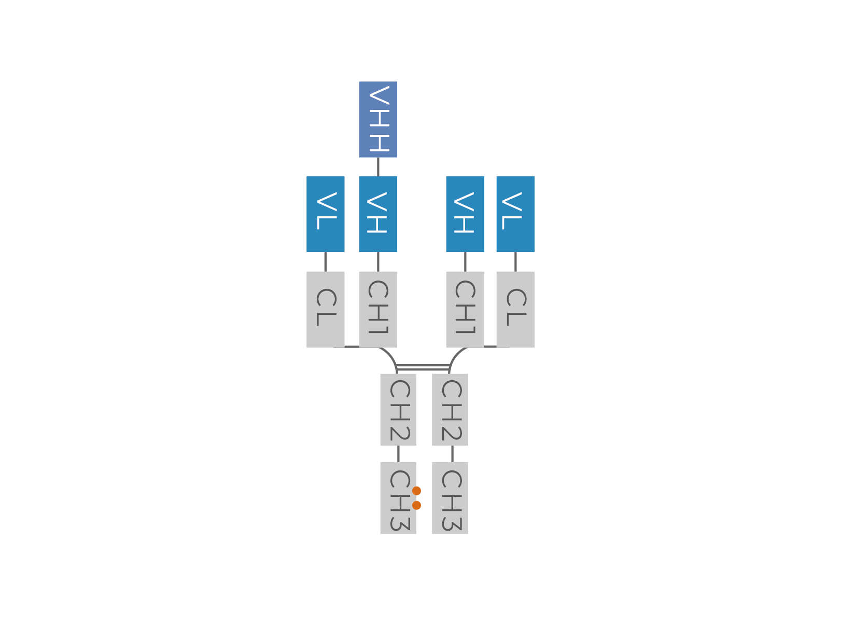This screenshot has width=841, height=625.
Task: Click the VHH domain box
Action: (x=377, y=119)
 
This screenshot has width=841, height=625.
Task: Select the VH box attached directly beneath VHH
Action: (x=377, y=214)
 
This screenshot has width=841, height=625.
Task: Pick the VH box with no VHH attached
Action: (x=465, y=214)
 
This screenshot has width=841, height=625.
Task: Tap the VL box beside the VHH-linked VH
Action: (x=325, y=214)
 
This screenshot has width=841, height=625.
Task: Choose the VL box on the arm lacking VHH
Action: (x=515, y=214)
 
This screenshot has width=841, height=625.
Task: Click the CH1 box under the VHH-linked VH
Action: (x=377, y=309)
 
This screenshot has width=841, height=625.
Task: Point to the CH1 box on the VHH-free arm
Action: (x=465, y=309)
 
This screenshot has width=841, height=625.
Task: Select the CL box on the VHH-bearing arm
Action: (x=325, y=309)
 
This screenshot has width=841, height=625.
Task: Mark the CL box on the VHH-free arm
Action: (x=515, y=309)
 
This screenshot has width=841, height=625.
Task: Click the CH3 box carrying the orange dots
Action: (x=398, y=498)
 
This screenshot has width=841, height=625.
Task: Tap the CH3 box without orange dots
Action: (x=450, y=498)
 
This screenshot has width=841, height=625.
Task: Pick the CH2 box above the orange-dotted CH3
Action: (x=398, y=409)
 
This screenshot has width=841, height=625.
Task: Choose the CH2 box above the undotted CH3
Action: (x=450, y=409)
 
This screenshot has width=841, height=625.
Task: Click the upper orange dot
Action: (x=416, y=491)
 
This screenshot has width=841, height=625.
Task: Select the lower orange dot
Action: (x=416, y=505)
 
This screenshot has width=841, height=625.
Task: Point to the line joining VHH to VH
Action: (x=378, y=166)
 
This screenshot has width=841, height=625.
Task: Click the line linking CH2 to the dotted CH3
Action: (x=398, y=454)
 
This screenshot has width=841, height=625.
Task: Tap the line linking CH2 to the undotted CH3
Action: (x=452, y=454)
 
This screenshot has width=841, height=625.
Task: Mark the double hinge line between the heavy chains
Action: (x=423, y=368)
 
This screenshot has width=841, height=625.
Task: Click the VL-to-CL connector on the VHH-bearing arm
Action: (x=326, y=261)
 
